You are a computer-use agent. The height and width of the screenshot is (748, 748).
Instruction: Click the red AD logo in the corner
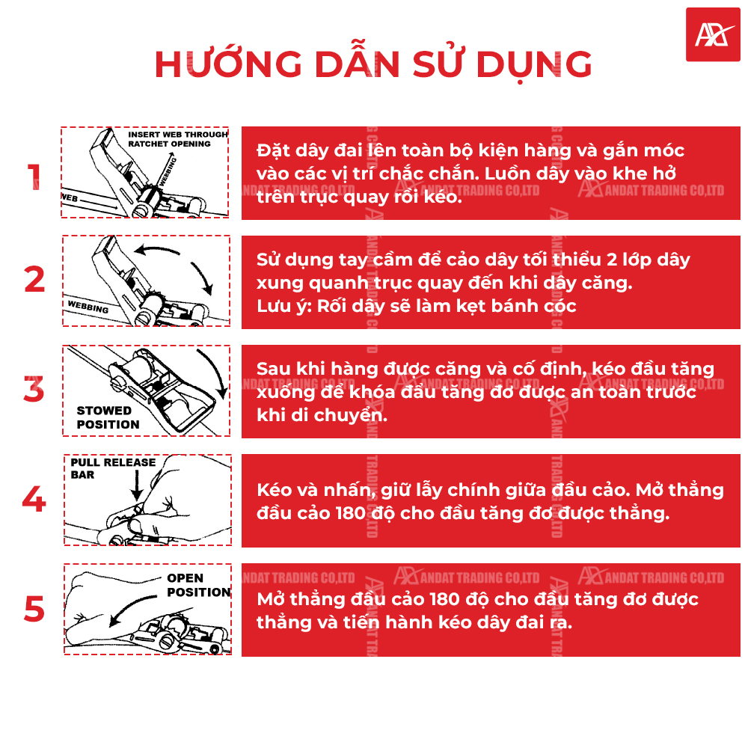pos(712,34)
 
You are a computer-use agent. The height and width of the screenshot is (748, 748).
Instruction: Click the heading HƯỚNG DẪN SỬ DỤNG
pos(373,65)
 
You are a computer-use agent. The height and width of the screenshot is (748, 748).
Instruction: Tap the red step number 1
pos(34,177)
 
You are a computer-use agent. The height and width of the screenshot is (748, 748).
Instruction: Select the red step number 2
pos(34,280)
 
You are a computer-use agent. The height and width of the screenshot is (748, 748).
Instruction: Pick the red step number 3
pos(34,390)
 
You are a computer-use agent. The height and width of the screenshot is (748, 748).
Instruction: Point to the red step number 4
pos(34,500)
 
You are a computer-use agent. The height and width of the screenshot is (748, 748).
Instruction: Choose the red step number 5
pos(34,609)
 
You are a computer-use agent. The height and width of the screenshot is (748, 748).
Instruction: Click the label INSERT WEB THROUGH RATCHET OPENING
pos(177,138)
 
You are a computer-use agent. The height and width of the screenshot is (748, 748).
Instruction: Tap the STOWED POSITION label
pos(108,417)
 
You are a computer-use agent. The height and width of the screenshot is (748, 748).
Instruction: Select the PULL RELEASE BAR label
pos(113,468)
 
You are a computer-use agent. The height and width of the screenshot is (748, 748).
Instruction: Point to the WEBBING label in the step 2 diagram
pos(88,307)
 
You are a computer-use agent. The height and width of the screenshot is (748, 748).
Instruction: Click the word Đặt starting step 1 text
pos(272,150)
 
